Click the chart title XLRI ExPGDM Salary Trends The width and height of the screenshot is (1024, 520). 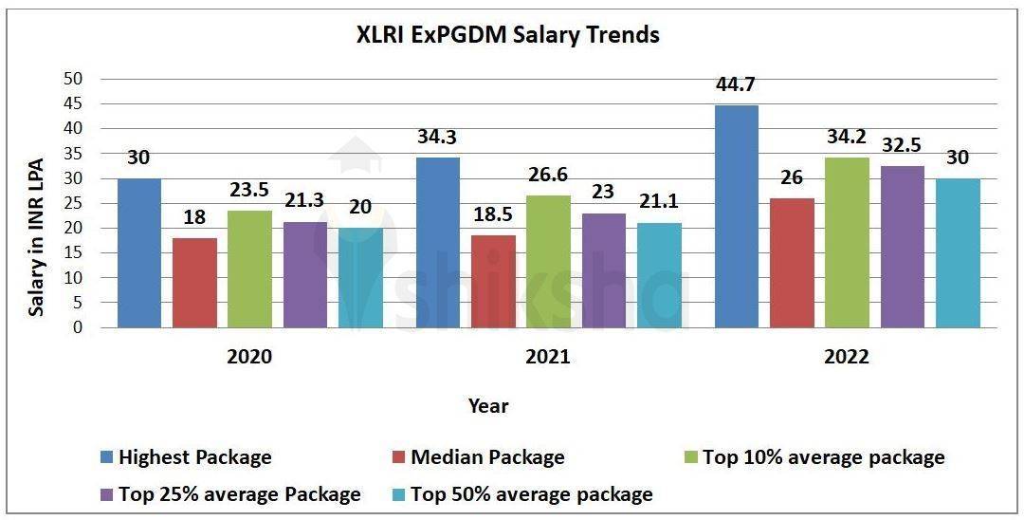pos(507,36)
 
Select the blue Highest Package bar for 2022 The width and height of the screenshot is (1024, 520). pos(736,216)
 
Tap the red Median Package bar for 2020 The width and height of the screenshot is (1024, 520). pos(194,283)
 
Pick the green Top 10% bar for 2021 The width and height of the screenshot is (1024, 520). pos(548,262)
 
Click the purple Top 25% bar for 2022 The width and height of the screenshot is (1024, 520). pos(902,247)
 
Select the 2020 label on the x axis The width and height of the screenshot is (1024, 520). pos(249,358)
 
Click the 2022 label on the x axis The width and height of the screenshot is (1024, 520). pos(847,358)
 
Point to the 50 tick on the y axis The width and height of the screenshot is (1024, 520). pos(73,79)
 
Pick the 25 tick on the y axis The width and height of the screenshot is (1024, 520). pos(73,203)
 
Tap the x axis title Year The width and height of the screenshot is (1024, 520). pos(488,406)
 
